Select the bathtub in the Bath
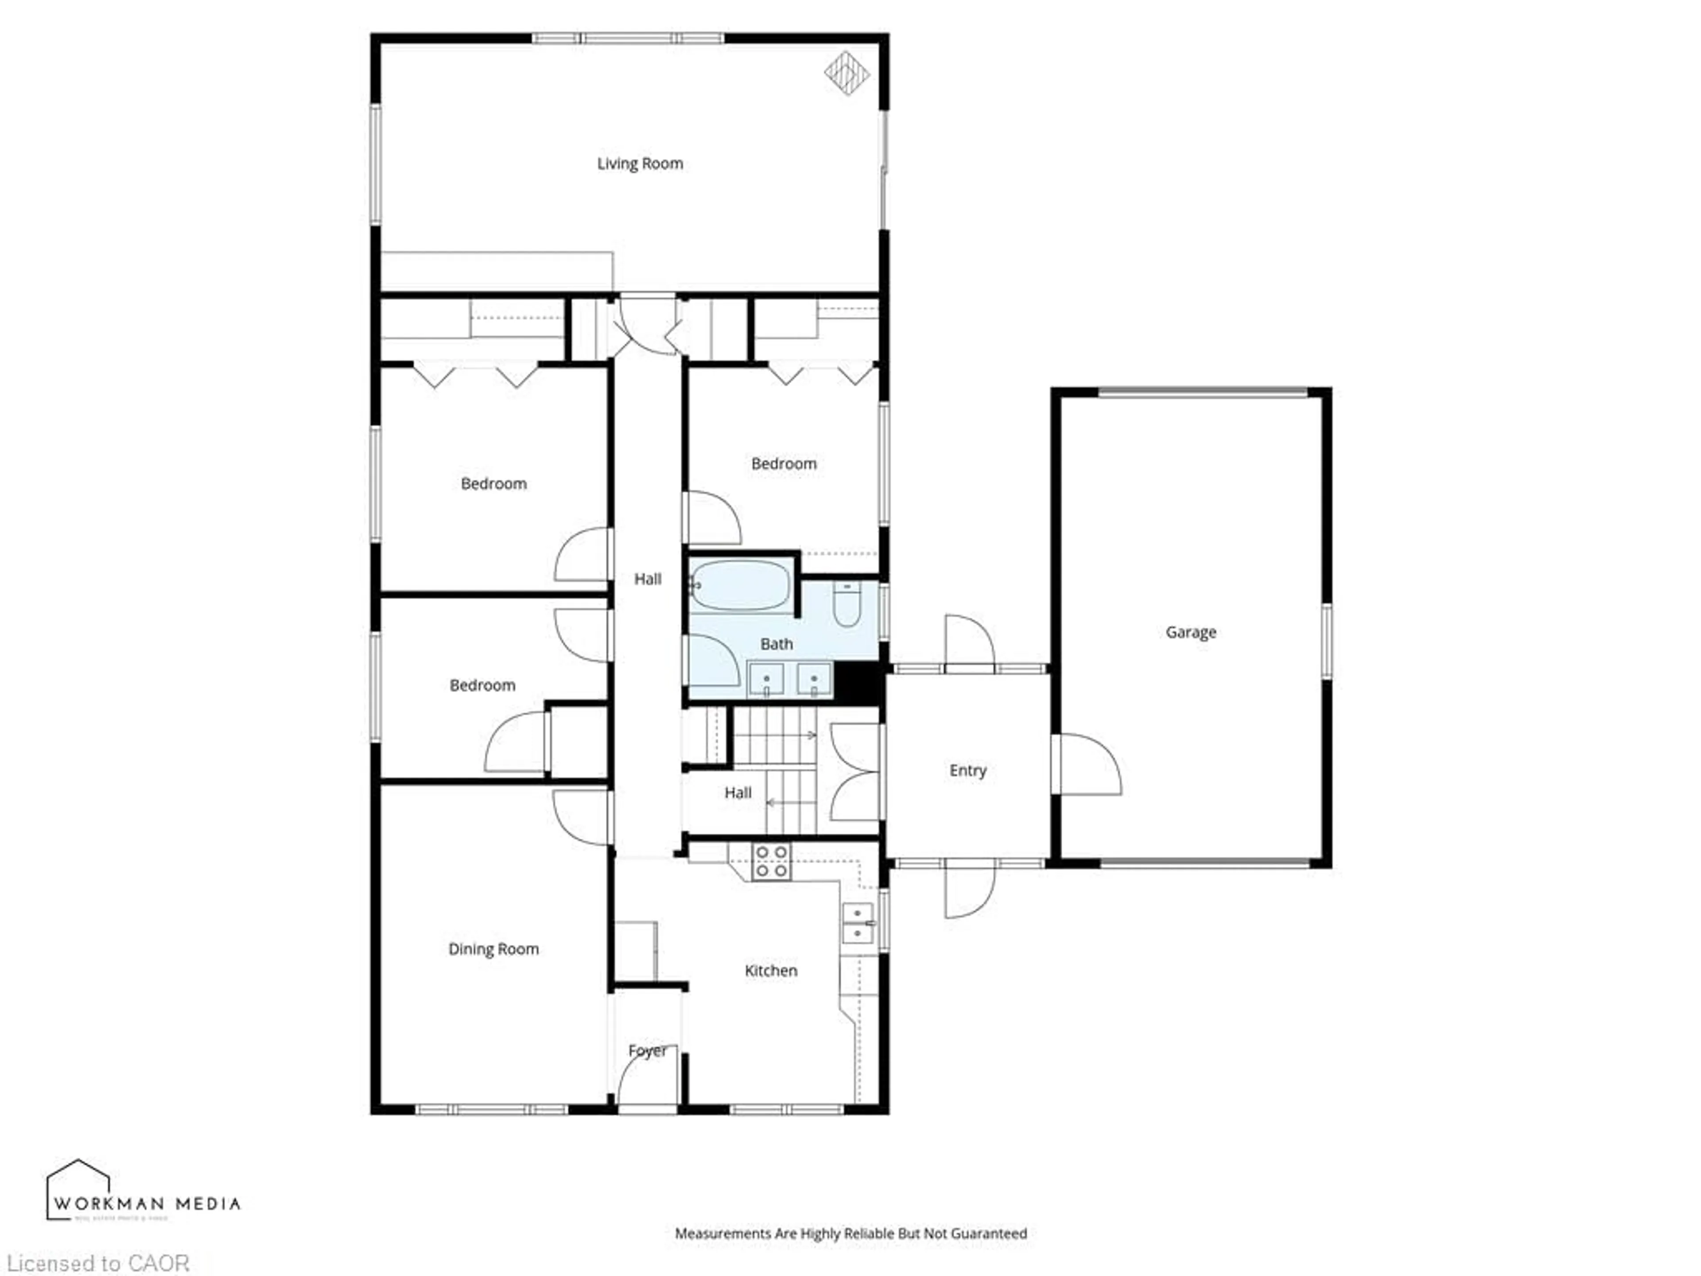point(740,586)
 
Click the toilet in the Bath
point(846,604)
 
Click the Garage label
point(1190,632)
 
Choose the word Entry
point(967,770)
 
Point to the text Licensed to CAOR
point(97,1264)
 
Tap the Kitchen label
point(770,971)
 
